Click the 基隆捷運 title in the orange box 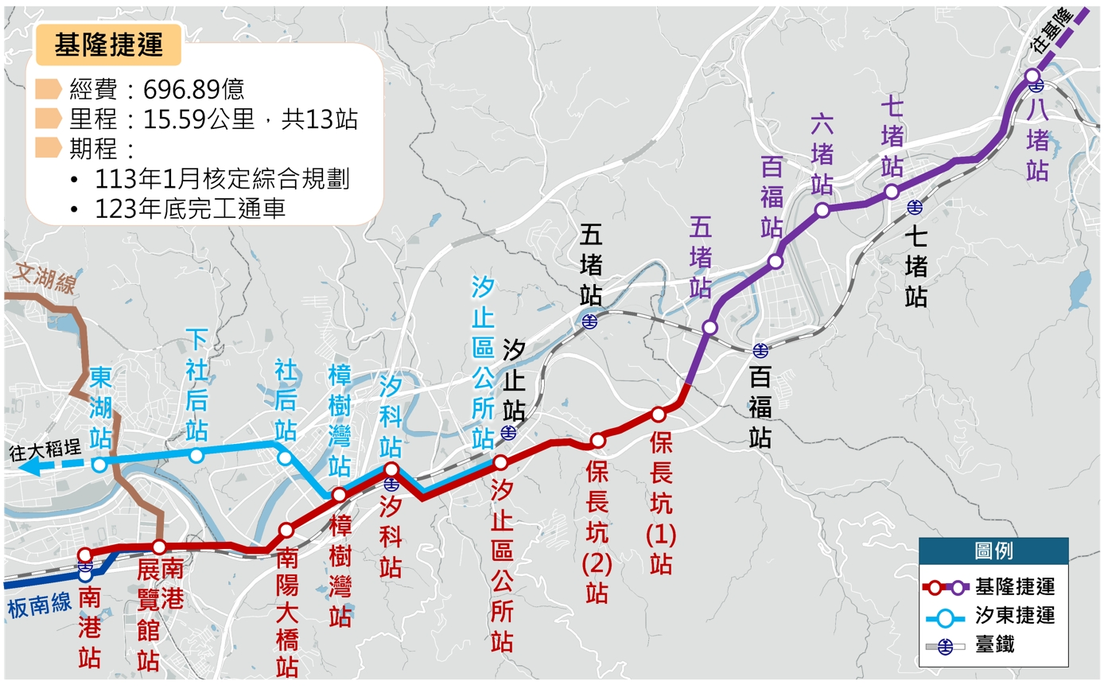(108, 45)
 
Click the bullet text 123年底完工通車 (190, 208)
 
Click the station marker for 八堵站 (1032, 76)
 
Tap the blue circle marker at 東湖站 (99, 465)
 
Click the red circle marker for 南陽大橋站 (286, 530)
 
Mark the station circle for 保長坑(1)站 (658, 414)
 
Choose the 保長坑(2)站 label (597, 533)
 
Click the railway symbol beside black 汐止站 (509, 433)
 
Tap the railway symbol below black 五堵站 (590, 321)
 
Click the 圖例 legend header (993, 551)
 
